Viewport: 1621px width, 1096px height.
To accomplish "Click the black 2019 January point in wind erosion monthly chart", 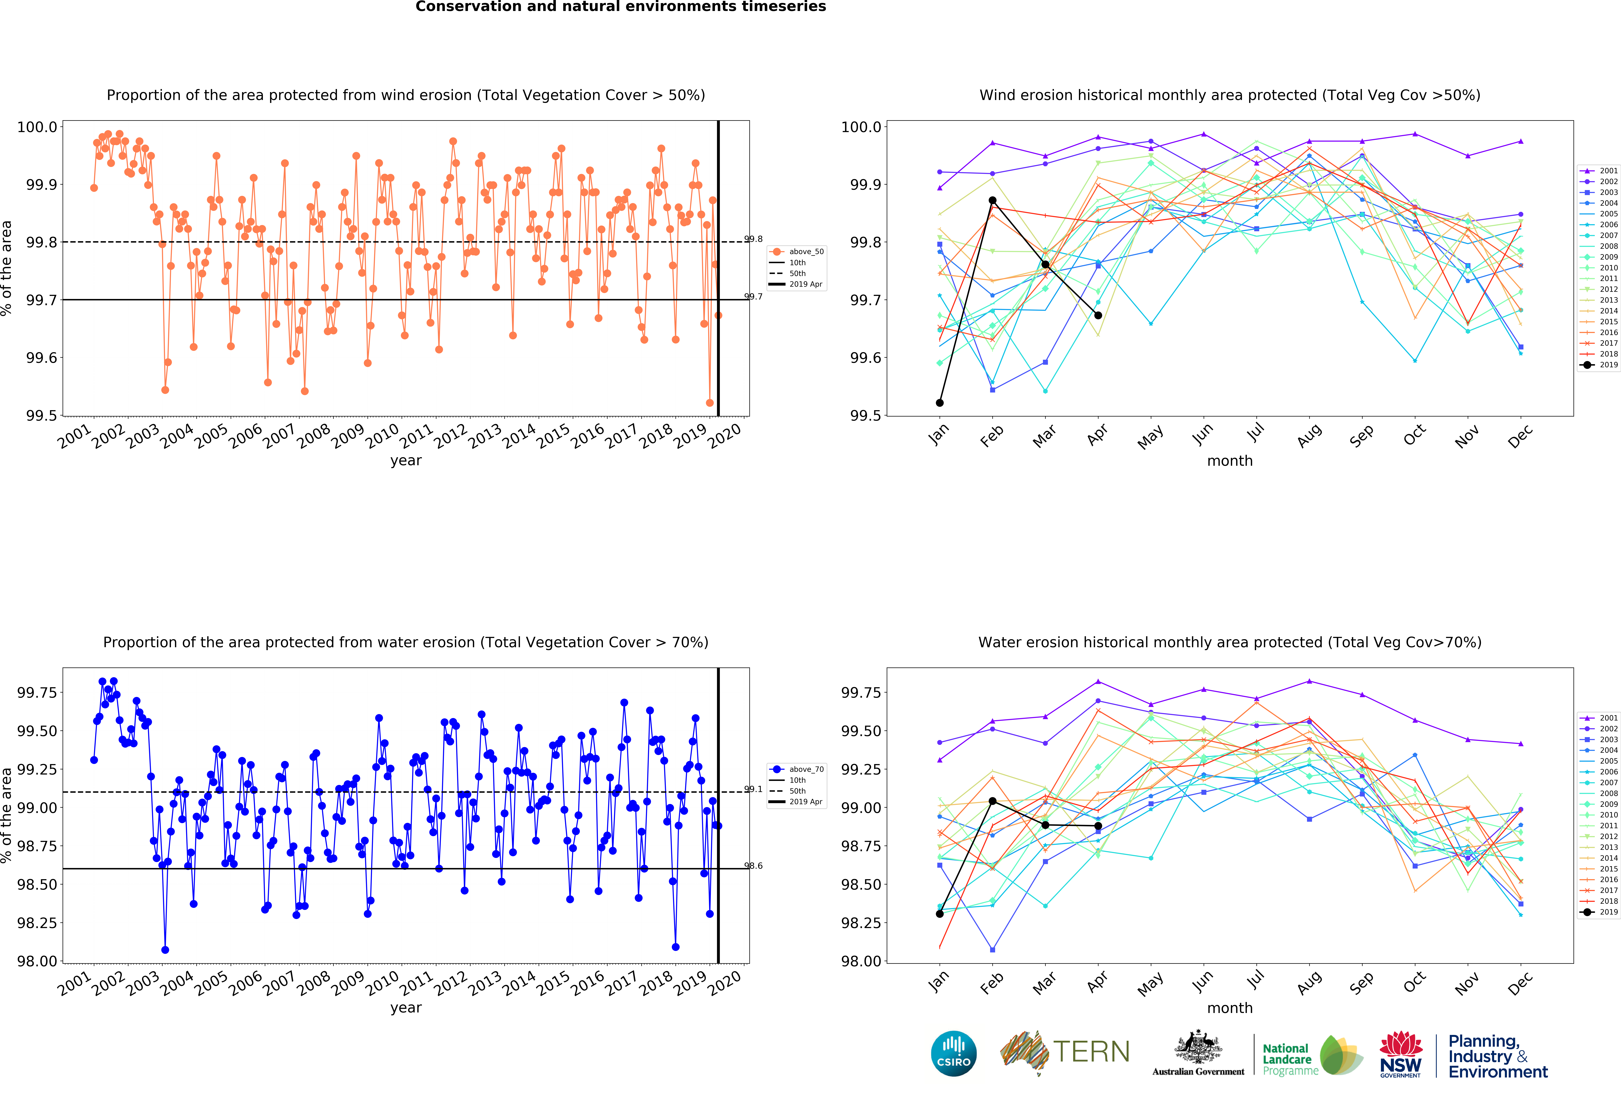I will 940,403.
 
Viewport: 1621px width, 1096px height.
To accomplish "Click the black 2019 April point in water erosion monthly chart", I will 1098,826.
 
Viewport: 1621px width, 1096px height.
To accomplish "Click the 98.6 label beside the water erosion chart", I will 753,866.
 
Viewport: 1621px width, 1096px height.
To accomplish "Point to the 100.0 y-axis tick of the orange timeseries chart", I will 37,127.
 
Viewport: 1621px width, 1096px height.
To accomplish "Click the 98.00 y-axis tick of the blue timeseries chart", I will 37,961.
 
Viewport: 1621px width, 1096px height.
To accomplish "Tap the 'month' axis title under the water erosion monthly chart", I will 1230,1008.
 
